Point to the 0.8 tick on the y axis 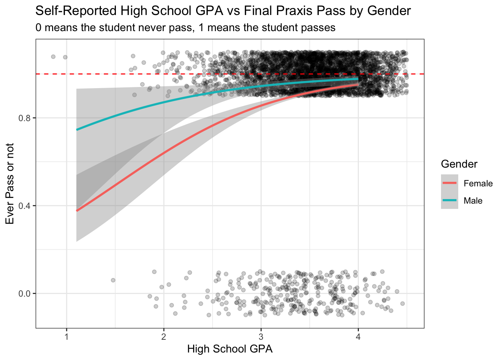point(25,118)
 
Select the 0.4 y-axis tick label point(25,206)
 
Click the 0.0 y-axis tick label point(25,294)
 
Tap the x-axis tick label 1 point(67,336)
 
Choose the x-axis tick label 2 point(164,336)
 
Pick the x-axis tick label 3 point(261,336)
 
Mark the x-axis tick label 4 point(358,336)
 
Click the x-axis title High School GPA point(229,349)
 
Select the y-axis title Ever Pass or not point(10,183)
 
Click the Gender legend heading point(459,164)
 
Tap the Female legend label point(478,183)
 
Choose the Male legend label point(473,201)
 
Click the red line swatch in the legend point(449,183)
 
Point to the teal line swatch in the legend point(449,200)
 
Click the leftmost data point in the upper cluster point(53,57)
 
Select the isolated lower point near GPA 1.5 point(113,280)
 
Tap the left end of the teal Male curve point(77,130)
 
